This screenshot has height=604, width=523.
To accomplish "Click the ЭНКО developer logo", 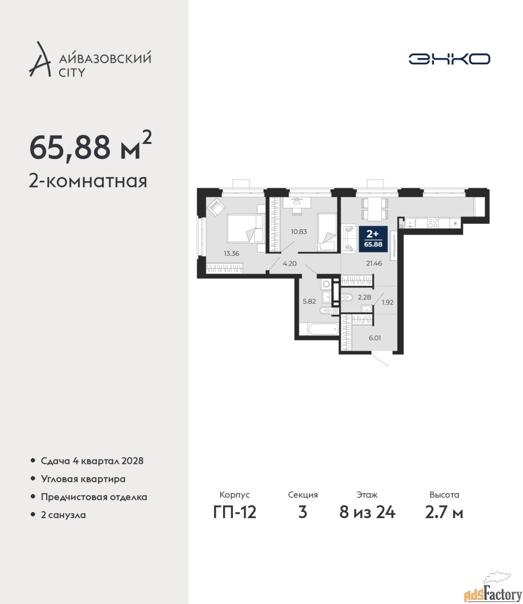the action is pyautogui.click(x=449, y=59).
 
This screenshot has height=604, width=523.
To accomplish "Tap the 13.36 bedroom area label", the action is pyautogui.click(x=232, y=254).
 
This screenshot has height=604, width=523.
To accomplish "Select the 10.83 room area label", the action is pyautogui.click(x=299, y=232).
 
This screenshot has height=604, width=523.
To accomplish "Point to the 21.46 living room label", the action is pyautogui.click(x=374, y=263).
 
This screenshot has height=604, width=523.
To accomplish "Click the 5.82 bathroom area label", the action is pyautogui.click(x=309, y=301).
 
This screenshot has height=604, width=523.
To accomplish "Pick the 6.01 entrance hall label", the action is pyautogui.click(x=374, y=338).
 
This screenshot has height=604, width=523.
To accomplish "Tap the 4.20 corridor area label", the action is pyautogui.click(x=290, y=263).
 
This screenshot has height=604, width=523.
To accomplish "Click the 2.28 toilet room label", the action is pyautogui.click(x=365, y=297).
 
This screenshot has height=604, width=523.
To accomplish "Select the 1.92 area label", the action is pyautogui.click(x=388, y=302).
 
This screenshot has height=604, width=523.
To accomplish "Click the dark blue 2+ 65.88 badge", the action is pyautogui.click(x=373, y=239).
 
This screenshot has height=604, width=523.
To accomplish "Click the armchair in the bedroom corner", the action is pyautogui.click(x=216, y=207).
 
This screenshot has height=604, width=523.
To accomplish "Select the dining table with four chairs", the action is pyautogui.click(x=375, y=209).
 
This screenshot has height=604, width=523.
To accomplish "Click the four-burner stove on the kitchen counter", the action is pyautogui.click(x=432, y=223).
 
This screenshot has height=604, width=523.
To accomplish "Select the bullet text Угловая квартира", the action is pyautogui.click(x=83, y=479).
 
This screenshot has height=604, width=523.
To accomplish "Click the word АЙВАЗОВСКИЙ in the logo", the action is pyautogui.click(x=105, y=59).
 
